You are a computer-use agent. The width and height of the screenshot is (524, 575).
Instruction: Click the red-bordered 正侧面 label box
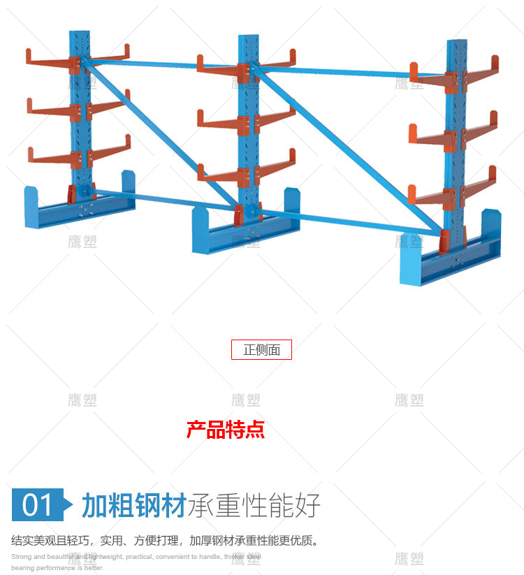[261, 350]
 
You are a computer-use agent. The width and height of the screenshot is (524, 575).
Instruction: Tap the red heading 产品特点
[225, 429]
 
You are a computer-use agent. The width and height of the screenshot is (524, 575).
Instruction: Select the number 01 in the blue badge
[37, 504]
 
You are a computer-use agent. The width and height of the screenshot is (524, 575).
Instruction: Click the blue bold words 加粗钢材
[133, 504]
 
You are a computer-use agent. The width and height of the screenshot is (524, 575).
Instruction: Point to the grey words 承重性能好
[253, 504]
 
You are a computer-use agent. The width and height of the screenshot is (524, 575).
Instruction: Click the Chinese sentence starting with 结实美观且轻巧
[165, 540]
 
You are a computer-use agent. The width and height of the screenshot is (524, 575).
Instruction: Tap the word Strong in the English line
[22, 557]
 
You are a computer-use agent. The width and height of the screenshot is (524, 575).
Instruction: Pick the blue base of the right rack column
[447, 262]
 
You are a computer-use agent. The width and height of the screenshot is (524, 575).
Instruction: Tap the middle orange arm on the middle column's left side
[220, 120]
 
